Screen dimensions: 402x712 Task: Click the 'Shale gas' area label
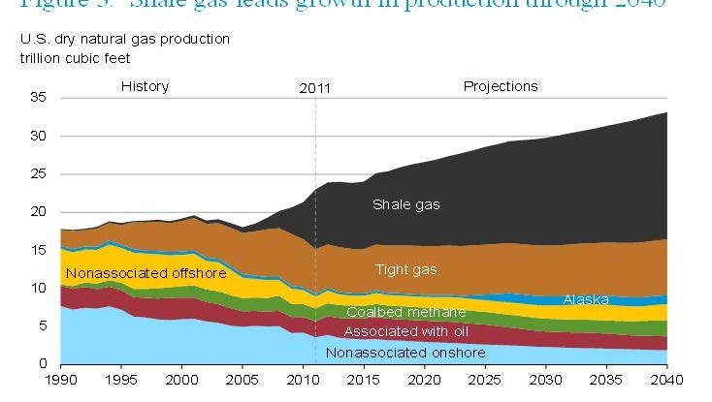407,204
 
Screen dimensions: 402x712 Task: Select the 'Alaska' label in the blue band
586,299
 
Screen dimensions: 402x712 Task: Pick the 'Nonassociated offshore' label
146,274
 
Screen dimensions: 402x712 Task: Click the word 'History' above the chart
145,86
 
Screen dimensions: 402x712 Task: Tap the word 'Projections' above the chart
501,86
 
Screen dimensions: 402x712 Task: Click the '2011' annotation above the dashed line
315,87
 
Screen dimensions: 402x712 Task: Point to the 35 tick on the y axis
40,98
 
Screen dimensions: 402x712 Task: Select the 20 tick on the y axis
40,211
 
